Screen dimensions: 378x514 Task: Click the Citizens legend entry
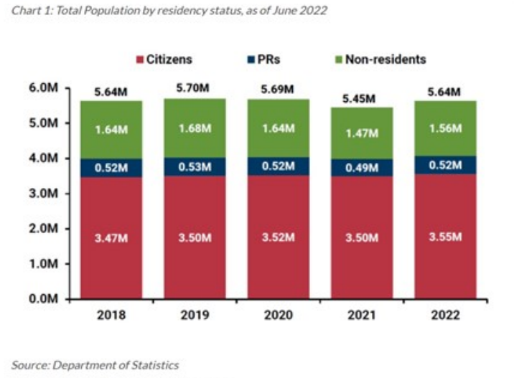coord(164,60)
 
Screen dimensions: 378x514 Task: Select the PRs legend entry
coord(267,60)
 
